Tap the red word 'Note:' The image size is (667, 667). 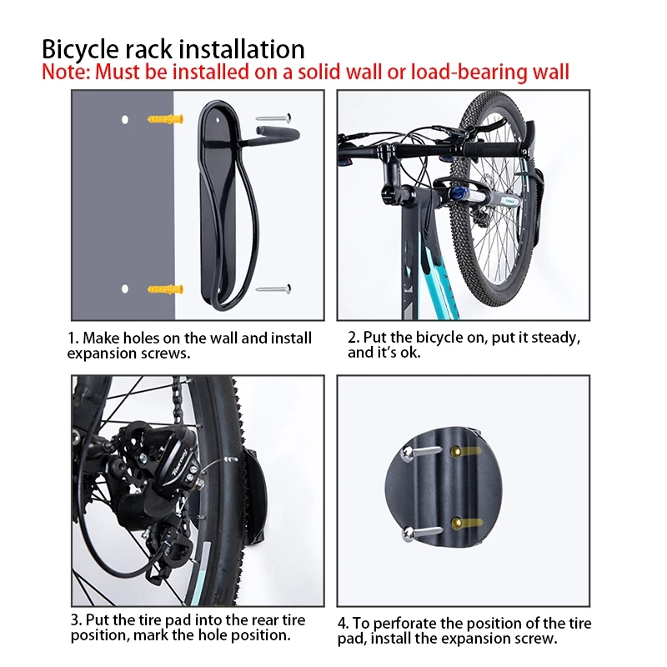click(67, 72)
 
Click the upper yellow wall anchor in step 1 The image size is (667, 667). click(163, 118)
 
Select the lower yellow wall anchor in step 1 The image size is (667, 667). click(164, 289)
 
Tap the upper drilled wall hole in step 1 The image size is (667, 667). click(124, 119)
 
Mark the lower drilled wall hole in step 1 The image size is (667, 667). click(124, 289)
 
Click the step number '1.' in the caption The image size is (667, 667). click(73, 339)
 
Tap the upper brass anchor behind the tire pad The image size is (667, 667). click(458, 451)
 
